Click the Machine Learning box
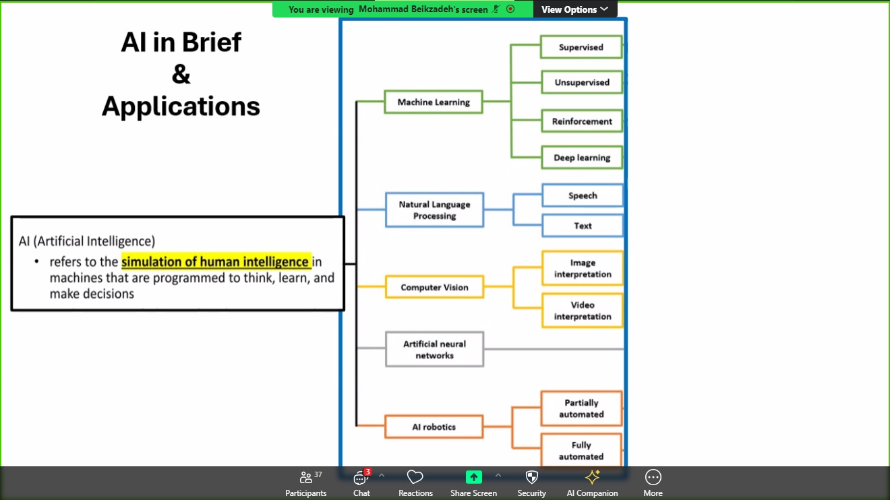[434, 102]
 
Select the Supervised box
[581, 47]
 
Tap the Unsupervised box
[582, 82]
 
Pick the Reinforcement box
[582, 121]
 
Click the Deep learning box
[582, 157]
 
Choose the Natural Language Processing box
[434, 210]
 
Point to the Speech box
[583, 195]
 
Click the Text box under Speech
[583, 226]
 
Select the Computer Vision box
[434, 287]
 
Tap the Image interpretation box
[583, 268]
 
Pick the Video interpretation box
[583, 311]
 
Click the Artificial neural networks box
[434, 349]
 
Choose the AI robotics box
[434, 427]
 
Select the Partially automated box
[581, 408]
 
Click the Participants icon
[306, 477]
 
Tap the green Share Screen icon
[473, 477]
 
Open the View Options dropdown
[574, 9]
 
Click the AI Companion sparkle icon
[592, 477]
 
